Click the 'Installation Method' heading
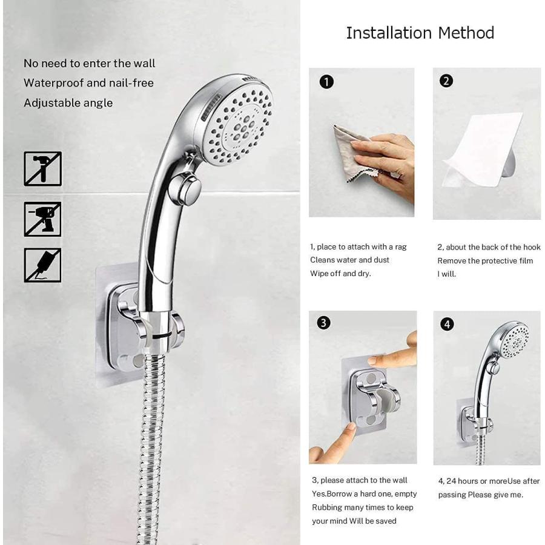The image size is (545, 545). coord(420,33)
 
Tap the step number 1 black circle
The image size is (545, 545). coord(326,82)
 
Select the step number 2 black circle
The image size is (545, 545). coord(446,81)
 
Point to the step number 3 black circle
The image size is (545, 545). coord(324,323)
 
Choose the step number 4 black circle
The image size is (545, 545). coord(447,324)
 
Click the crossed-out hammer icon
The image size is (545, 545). coord(42,169)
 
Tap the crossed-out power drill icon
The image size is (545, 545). coord(42,219)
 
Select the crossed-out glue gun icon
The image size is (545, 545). coord(42,265)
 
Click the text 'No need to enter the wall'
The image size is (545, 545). coord(89,64)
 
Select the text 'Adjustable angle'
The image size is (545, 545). coord(68,103)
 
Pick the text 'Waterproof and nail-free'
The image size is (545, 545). coord(88,83)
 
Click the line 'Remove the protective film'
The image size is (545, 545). coord(485,260)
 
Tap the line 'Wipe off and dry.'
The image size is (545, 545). coord(340,273)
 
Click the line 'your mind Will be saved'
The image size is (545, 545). coord(354,521)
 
